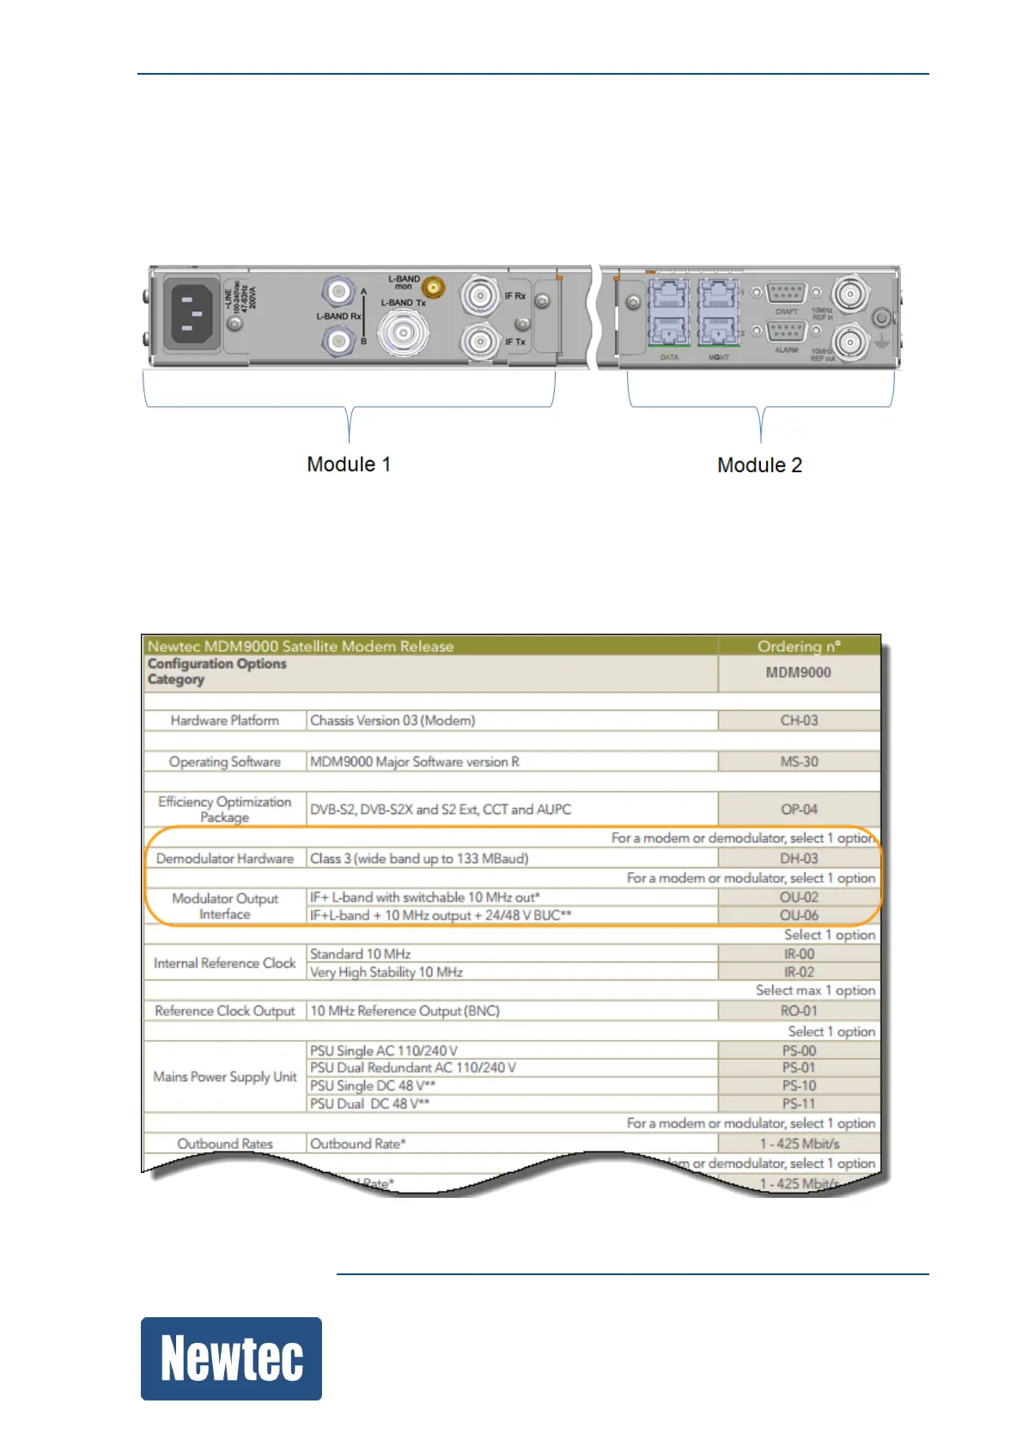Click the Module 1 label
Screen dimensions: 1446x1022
[349, 465]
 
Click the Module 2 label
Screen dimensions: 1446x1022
[759, 465]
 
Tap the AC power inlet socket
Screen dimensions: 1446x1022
[194, 314]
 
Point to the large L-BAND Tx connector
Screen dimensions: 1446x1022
[404, 332]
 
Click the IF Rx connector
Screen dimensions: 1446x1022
[476, 296]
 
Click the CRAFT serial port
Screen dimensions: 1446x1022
[786, 294]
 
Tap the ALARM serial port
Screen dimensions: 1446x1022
[786, 331]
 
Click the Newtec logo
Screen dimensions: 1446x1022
[231, 1358]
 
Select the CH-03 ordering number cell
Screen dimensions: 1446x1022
[799, 720]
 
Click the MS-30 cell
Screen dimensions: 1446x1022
[799, 762]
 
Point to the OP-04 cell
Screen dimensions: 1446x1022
[799, 809]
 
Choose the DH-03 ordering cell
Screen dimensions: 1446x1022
[799, 859]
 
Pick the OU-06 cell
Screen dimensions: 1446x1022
[799, 915]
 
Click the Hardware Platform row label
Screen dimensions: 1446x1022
[224, 720]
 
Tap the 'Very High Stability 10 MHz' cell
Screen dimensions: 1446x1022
[386, 972]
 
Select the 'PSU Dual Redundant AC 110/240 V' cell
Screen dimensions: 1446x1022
[413, 1067]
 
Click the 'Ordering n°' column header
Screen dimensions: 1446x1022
[799, 647]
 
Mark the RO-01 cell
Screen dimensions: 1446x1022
[799, 1011]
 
